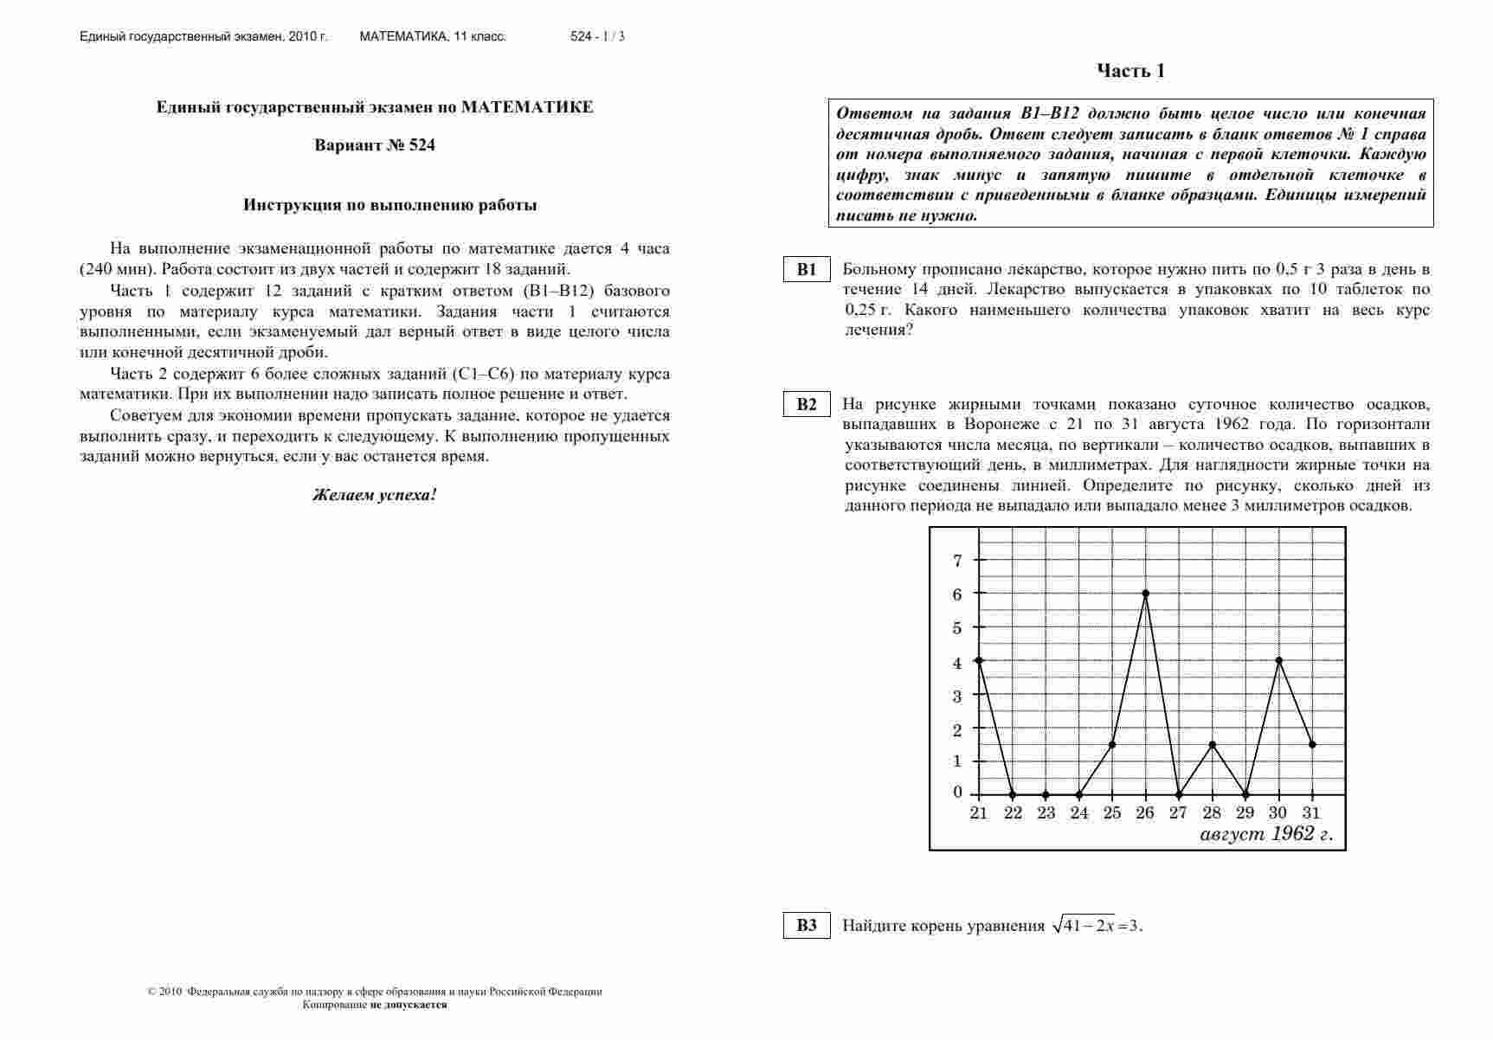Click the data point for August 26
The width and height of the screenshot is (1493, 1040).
(1146, 594)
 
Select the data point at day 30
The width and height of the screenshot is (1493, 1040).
(1278, 661)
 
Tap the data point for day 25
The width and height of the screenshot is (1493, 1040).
(1112, 745)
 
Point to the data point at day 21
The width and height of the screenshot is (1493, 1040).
(979, 661)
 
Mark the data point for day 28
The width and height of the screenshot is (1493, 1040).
(1213, 745)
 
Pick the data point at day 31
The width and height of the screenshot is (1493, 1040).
(1312, 745)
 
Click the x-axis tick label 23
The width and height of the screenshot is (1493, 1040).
(1046, 813)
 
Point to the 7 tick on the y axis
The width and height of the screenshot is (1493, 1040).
(957, 561)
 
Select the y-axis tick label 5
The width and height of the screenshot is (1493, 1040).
(957, 628)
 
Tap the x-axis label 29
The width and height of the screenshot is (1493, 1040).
(1245, 813)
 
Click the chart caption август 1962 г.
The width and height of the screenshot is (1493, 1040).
(1266, 835)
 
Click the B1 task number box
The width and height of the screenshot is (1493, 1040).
(807, 270)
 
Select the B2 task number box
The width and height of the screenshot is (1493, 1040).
(807, 405)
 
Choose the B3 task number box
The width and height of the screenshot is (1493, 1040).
(807, 926)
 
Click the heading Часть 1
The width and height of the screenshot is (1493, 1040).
(1130, 71)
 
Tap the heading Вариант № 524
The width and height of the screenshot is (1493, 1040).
(375, 145)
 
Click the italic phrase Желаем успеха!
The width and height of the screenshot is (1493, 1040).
(375, 496)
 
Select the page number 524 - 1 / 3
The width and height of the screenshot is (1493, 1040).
(597, 36)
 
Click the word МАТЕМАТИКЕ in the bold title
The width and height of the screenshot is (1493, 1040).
(527, 107)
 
